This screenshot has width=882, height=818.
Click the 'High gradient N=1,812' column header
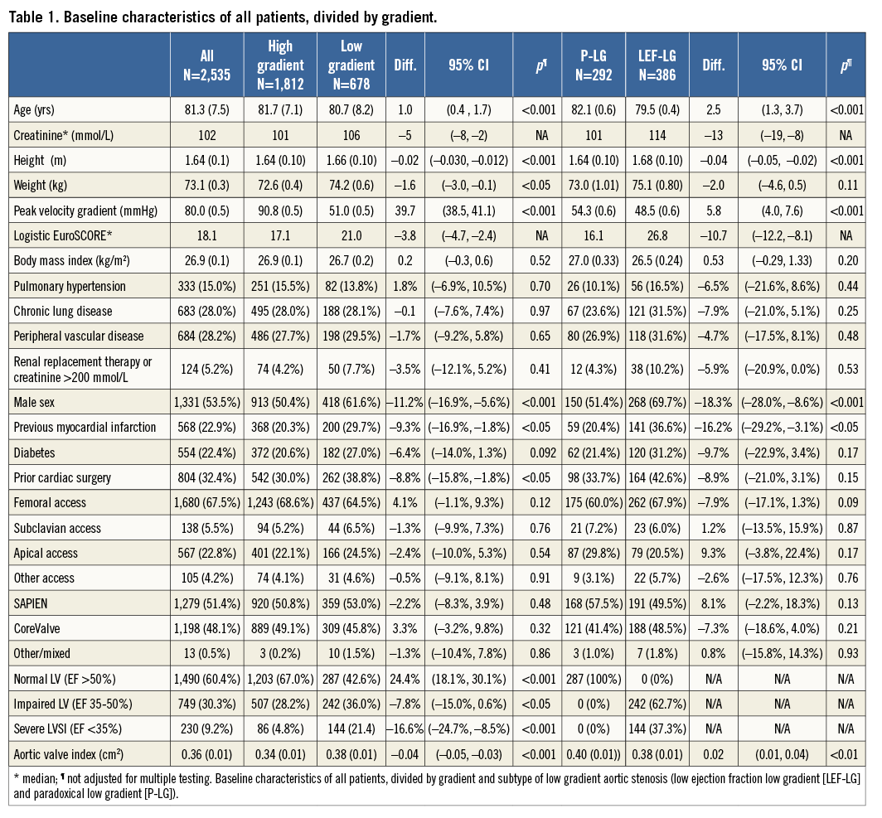click(x=280, y=63)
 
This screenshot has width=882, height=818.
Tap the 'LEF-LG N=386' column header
click(x=658, y=63)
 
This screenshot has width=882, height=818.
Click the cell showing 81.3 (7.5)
click(x=207, y=109)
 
